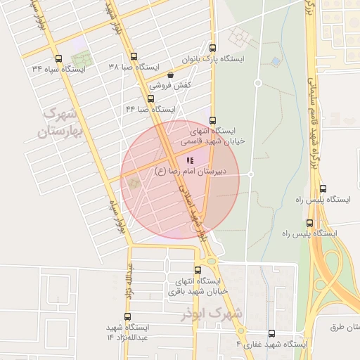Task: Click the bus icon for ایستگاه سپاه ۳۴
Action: (x=57, y=59)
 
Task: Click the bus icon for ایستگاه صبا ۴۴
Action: (x=151, y=98)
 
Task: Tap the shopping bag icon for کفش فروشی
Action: (x=170, y=75)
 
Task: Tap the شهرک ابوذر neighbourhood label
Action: (x=210, y=311)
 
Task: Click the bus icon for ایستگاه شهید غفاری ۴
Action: (x=272, y=334)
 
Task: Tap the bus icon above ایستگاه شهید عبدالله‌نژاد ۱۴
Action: (x=127, y=316)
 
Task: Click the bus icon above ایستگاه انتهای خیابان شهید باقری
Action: (x=198, y=269)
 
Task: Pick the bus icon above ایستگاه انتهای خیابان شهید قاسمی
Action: (x=213, y=120)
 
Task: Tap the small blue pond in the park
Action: (x=276, y=62)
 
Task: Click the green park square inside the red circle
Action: (x=132, y=184)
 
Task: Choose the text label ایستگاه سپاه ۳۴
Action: (x=58, y=69)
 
